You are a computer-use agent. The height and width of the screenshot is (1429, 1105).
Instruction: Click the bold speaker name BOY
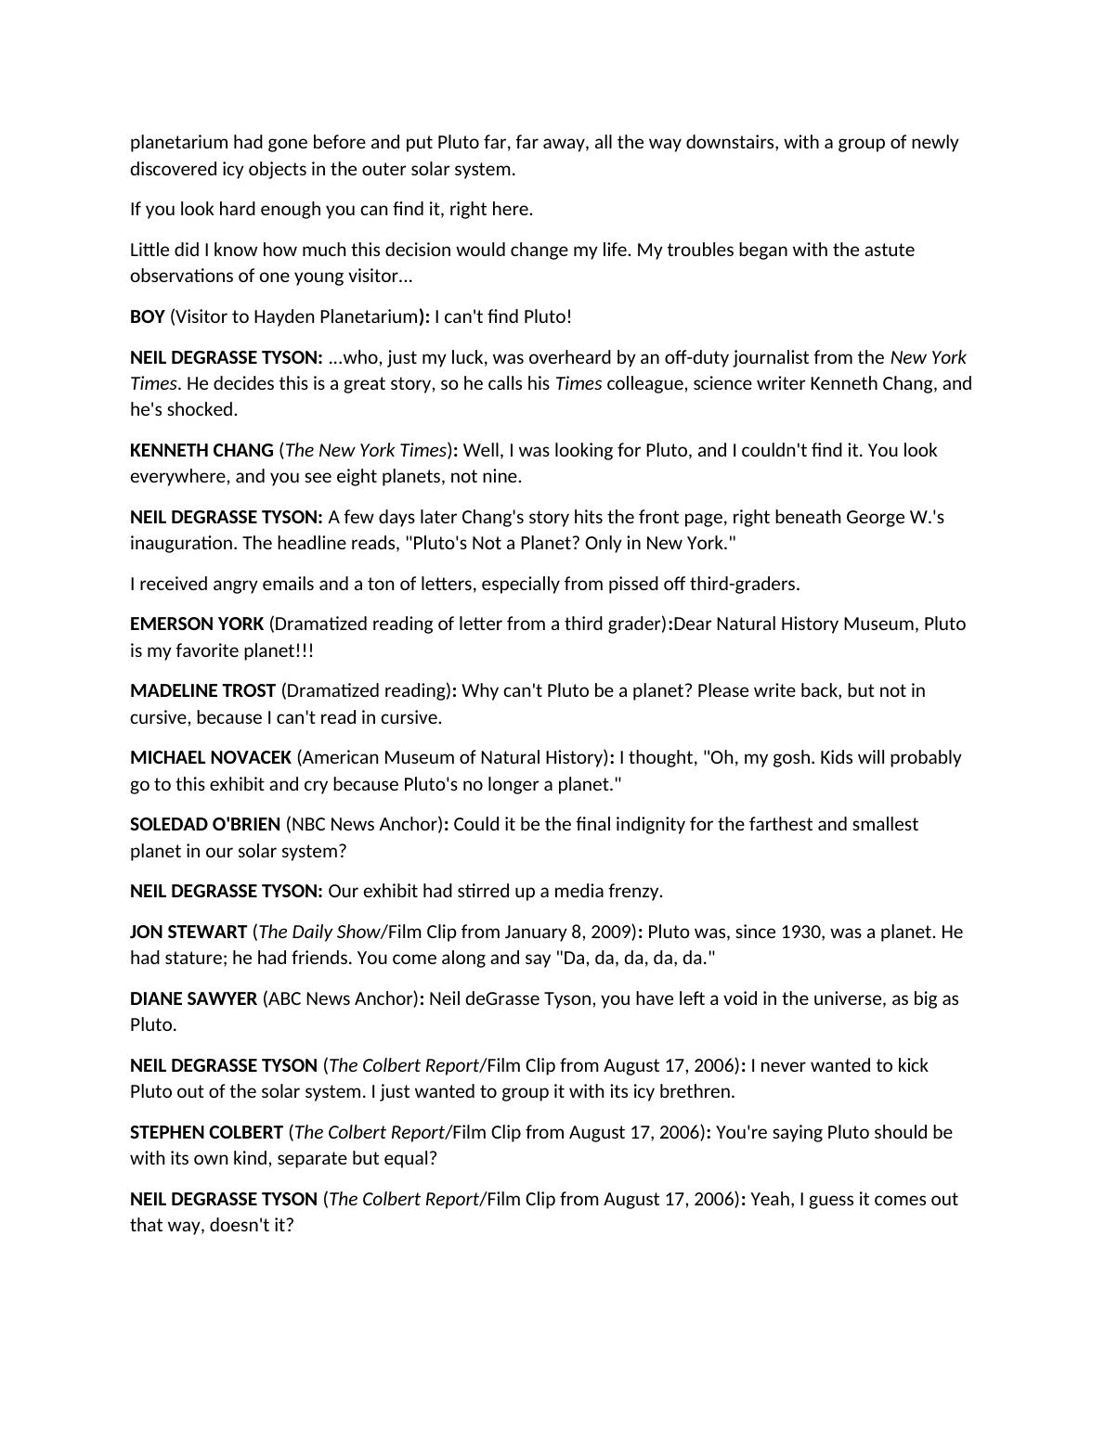tap(147, 316)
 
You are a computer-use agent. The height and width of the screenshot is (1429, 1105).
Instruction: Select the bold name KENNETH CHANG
tap(201, 450)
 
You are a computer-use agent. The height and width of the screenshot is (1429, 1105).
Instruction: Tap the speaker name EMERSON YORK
tap(197, 624)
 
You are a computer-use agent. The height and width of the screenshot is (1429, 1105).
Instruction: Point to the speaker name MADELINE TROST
tap(202, 690)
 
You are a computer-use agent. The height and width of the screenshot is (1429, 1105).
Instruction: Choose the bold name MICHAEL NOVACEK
tap(211, 757)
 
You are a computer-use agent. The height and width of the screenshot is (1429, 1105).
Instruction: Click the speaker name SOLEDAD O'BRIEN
tap(205, 824)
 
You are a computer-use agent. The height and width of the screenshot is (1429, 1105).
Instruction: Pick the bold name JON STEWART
tap(188, 932)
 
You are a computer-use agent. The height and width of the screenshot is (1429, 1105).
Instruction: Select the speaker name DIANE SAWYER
tap(193, 998)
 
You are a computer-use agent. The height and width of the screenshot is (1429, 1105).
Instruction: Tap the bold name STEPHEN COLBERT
tap(206, 1132)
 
